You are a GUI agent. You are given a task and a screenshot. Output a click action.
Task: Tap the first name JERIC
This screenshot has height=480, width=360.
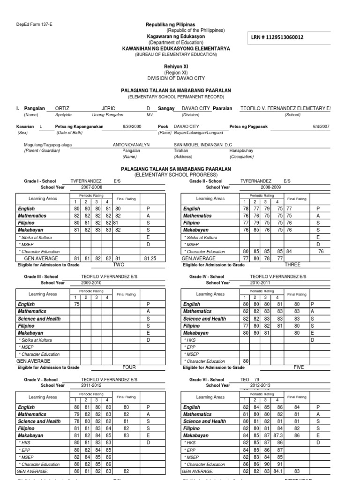point(108,108)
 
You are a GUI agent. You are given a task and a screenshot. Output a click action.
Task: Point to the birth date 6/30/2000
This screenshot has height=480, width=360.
point(131,127)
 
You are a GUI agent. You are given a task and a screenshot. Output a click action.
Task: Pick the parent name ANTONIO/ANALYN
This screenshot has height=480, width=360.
point(131,145)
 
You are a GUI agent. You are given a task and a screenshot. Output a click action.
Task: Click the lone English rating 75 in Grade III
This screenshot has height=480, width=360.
point(77,304)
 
